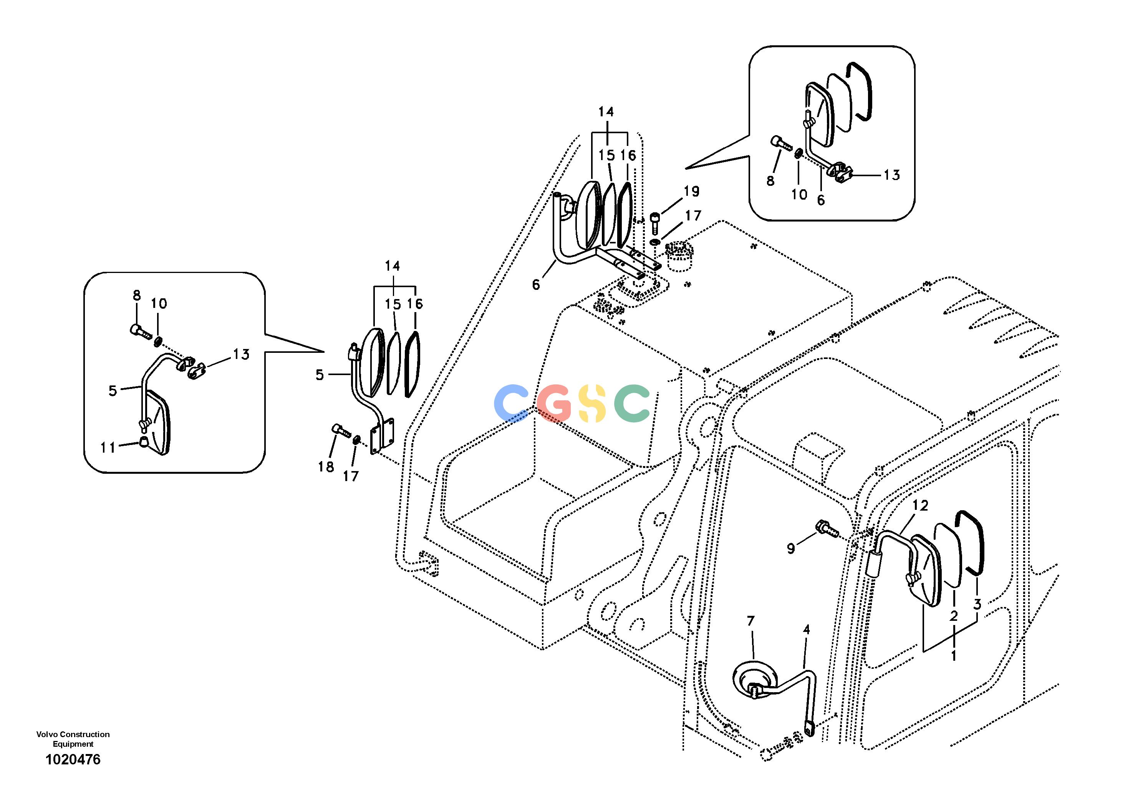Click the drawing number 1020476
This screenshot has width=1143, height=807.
[73, 760]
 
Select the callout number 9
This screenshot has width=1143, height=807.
[791, 548]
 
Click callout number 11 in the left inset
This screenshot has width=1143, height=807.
[108, 448]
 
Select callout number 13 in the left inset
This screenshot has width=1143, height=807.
[241, 354]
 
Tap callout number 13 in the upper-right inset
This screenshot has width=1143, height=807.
[891, 175]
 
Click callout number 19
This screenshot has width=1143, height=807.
[691, 191]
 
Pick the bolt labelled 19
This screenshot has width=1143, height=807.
[655, 222]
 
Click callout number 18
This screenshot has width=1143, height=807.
[326, 467]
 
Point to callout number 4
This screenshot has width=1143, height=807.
[807, 630]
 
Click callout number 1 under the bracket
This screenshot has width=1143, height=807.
[954, 656]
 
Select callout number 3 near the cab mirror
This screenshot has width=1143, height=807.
[977, 605]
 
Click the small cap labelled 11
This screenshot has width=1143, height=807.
[143, 442]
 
